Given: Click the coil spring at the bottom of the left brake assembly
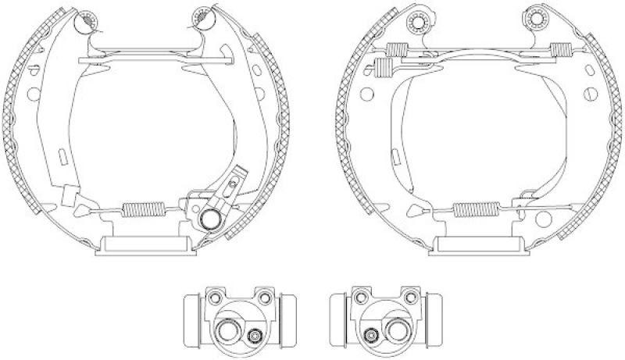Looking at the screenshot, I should pos(144,210).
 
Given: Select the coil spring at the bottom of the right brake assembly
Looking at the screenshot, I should pos(476,209).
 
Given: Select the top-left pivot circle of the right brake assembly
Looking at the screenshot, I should pos(418,17).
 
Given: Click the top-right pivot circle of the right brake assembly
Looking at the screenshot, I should pos(536,19).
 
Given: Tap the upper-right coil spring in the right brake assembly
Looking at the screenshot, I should pos(559,50).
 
